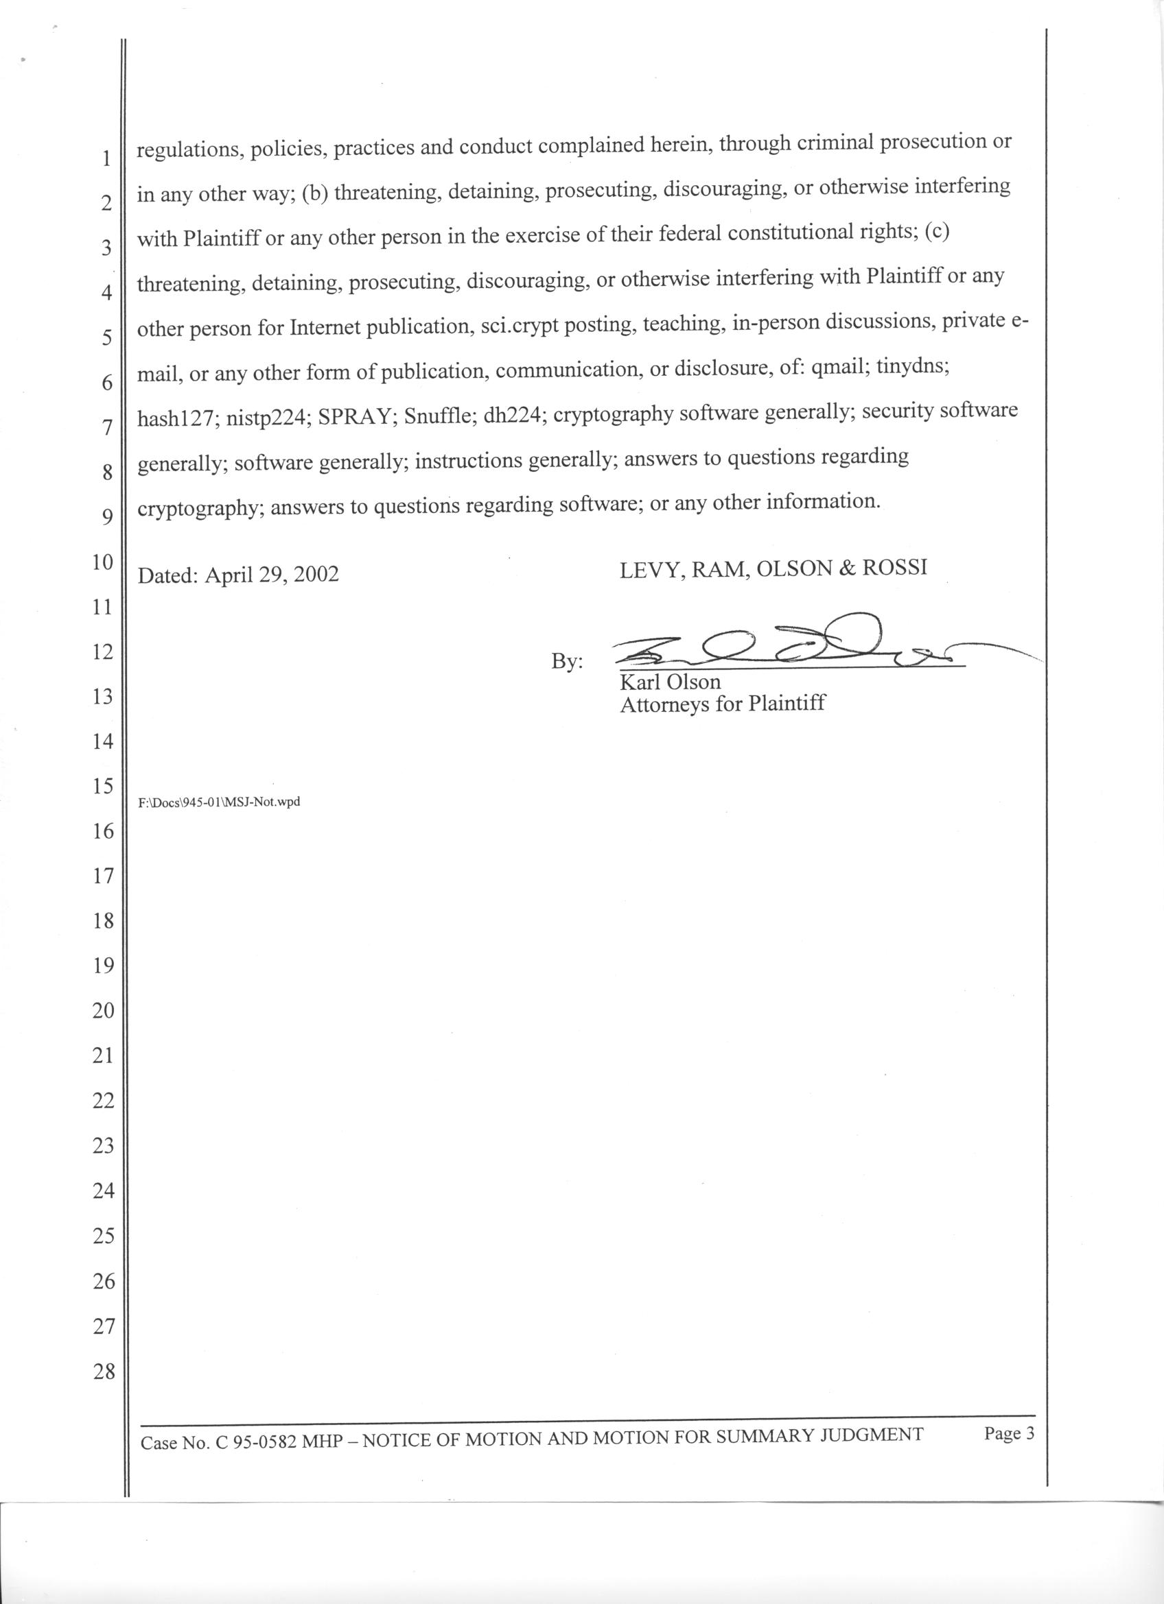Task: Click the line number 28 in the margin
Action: tap(104, 1372)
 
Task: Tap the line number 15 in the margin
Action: tap(104, 786)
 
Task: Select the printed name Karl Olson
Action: tap(669, 682)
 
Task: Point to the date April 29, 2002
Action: tap(271, 574)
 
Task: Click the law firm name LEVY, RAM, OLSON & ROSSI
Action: tap(773, 569)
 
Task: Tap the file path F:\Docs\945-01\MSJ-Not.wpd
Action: tap(220, 803)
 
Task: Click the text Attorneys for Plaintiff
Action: tap(722, 704)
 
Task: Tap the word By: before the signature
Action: tap(567, 662)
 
